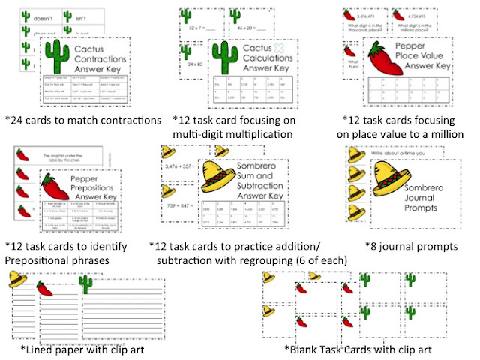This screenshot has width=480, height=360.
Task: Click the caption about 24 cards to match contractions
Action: (82, 120)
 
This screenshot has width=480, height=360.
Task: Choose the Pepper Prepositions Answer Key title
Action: (100, 187)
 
